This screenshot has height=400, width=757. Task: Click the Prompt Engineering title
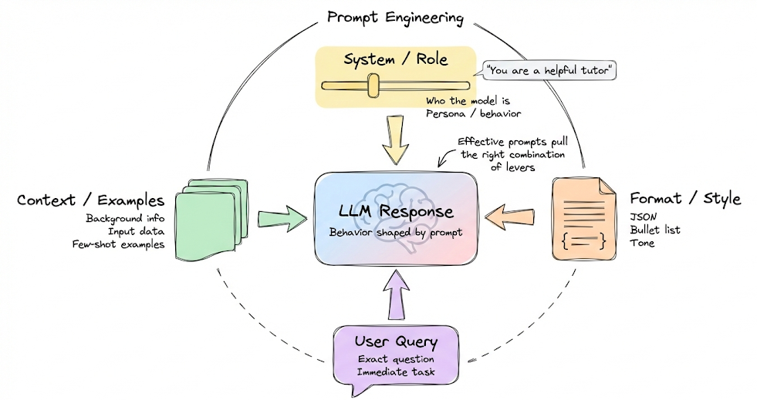tap(394, 17)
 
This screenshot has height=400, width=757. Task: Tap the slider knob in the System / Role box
tap(373, 86)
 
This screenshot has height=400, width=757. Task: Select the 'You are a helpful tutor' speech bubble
tap(549, 71)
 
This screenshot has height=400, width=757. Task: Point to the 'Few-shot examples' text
tap(126, 244)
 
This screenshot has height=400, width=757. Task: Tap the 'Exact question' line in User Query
tap(396, 359)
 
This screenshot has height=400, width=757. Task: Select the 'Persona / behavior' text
tap(473, 113)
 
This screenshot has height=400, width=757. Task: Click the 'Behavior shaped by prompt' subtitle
tap(396, 231)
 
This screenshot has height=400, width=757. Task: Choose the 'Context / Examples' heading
tap(90, 201)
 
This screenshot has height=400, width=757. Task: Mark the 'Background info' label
tap(125, 219)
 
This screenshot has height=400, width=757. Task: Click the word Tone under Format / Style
tap(643, 244)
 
